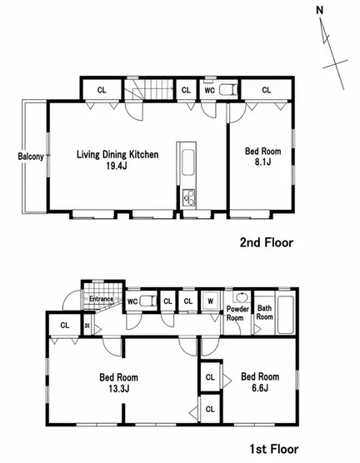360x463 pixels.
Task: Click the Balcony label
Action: pyautogui.click(x=31, y=157)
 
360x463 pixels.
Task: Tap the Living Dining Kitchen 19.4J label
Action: pyautogui.click(x=117, y=160)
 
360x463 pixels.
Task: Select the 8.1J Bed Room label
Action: pyautogui.click(x=262, y=157)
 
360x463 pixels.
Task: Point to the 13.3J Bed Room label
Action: pyautogui.click(x=118, y=383)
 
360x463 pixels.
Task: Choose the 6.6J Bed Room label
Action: pyautogui.click(x=260, y=381)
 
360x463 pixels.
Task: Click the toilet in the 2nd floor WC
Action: pyautogui.click(x=228, y=90)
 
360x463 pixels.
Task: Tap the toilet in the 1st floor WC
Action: pyautogui.click(x=148, y=301)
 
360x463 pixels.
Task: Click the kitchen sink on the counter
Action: pyautogui.click(x=187, y=162)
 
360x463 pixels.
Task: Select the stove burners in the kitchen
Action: pyautogui.click(x=188, y=198)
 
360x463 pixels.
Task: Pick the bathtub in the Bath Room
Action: pyautogui.click(x=286, y=315)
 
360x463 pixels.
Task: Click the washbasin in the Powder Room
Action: pyautogui.click(x=242, y=297)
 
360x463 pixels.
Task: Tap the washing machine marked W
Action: pyautogui.click(x=211, y=301)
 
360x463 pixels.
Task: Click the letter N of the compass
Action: pyautogui.click(x=320, y=10)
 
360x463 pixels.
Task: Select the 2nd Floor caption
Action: pyautogui.click(x=267, y=242)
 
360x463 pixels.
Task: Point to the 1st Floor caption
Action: pyautogui.click(x=274, y=449)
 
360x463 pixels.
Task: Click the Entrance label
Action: pyautogui.click(x=102, y=299)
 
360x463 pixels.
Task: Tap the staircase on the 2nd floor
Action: pyautogui.click(x=148, y=89)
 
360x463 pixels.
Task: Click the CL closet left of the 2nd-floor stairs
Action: pyautogui.click(x=102, y=90)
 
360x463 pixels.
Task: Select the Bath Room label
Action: pyautogui.click(x=264, y=312)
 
